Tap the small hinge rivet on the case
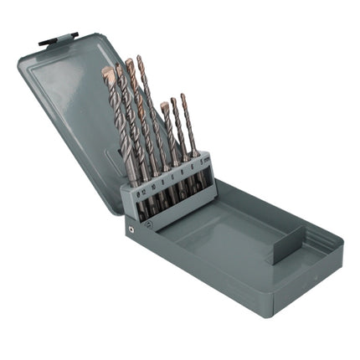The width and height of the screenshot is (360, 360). tap(131, 225)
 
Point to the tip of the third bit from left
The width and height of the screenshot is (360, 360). tap(129, 63)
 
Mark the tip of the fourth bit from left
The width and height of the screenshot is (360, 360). tap(140, 59)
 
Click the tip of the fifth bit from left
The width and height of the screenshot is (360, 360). tap(164, 105)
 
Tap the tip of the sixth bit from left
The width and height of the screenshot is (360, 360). tap(174, 100)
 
